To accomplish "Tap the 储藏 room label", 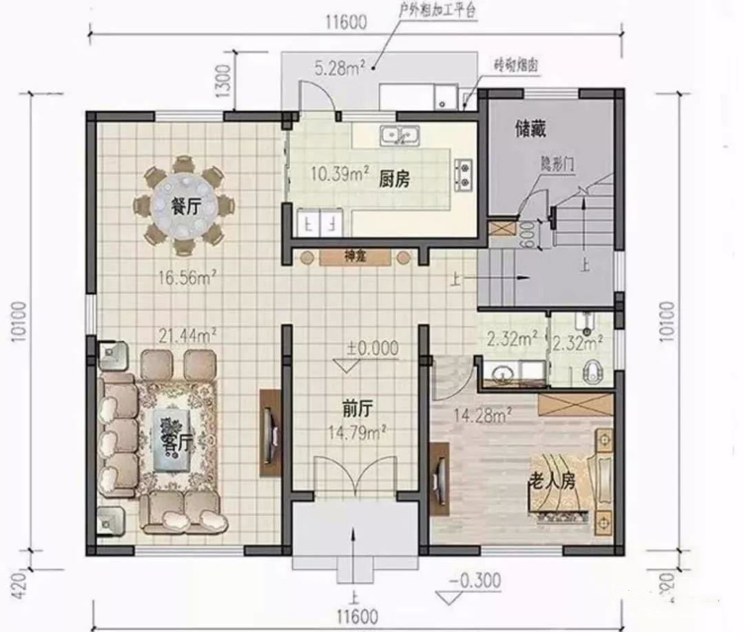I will (530, 129).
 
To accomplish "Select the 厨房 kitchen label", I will (394, 181).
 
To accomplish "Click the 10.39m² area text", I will (339, 173).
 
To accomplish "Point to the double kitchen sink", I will (401, 135).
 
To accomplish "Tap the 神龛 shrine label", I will (354, 257).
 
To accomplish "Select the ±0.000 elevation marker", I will (372, 348).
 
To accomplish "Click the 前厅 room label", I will (357, 409).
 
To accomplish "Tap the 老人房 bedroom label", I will (551, 480).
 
